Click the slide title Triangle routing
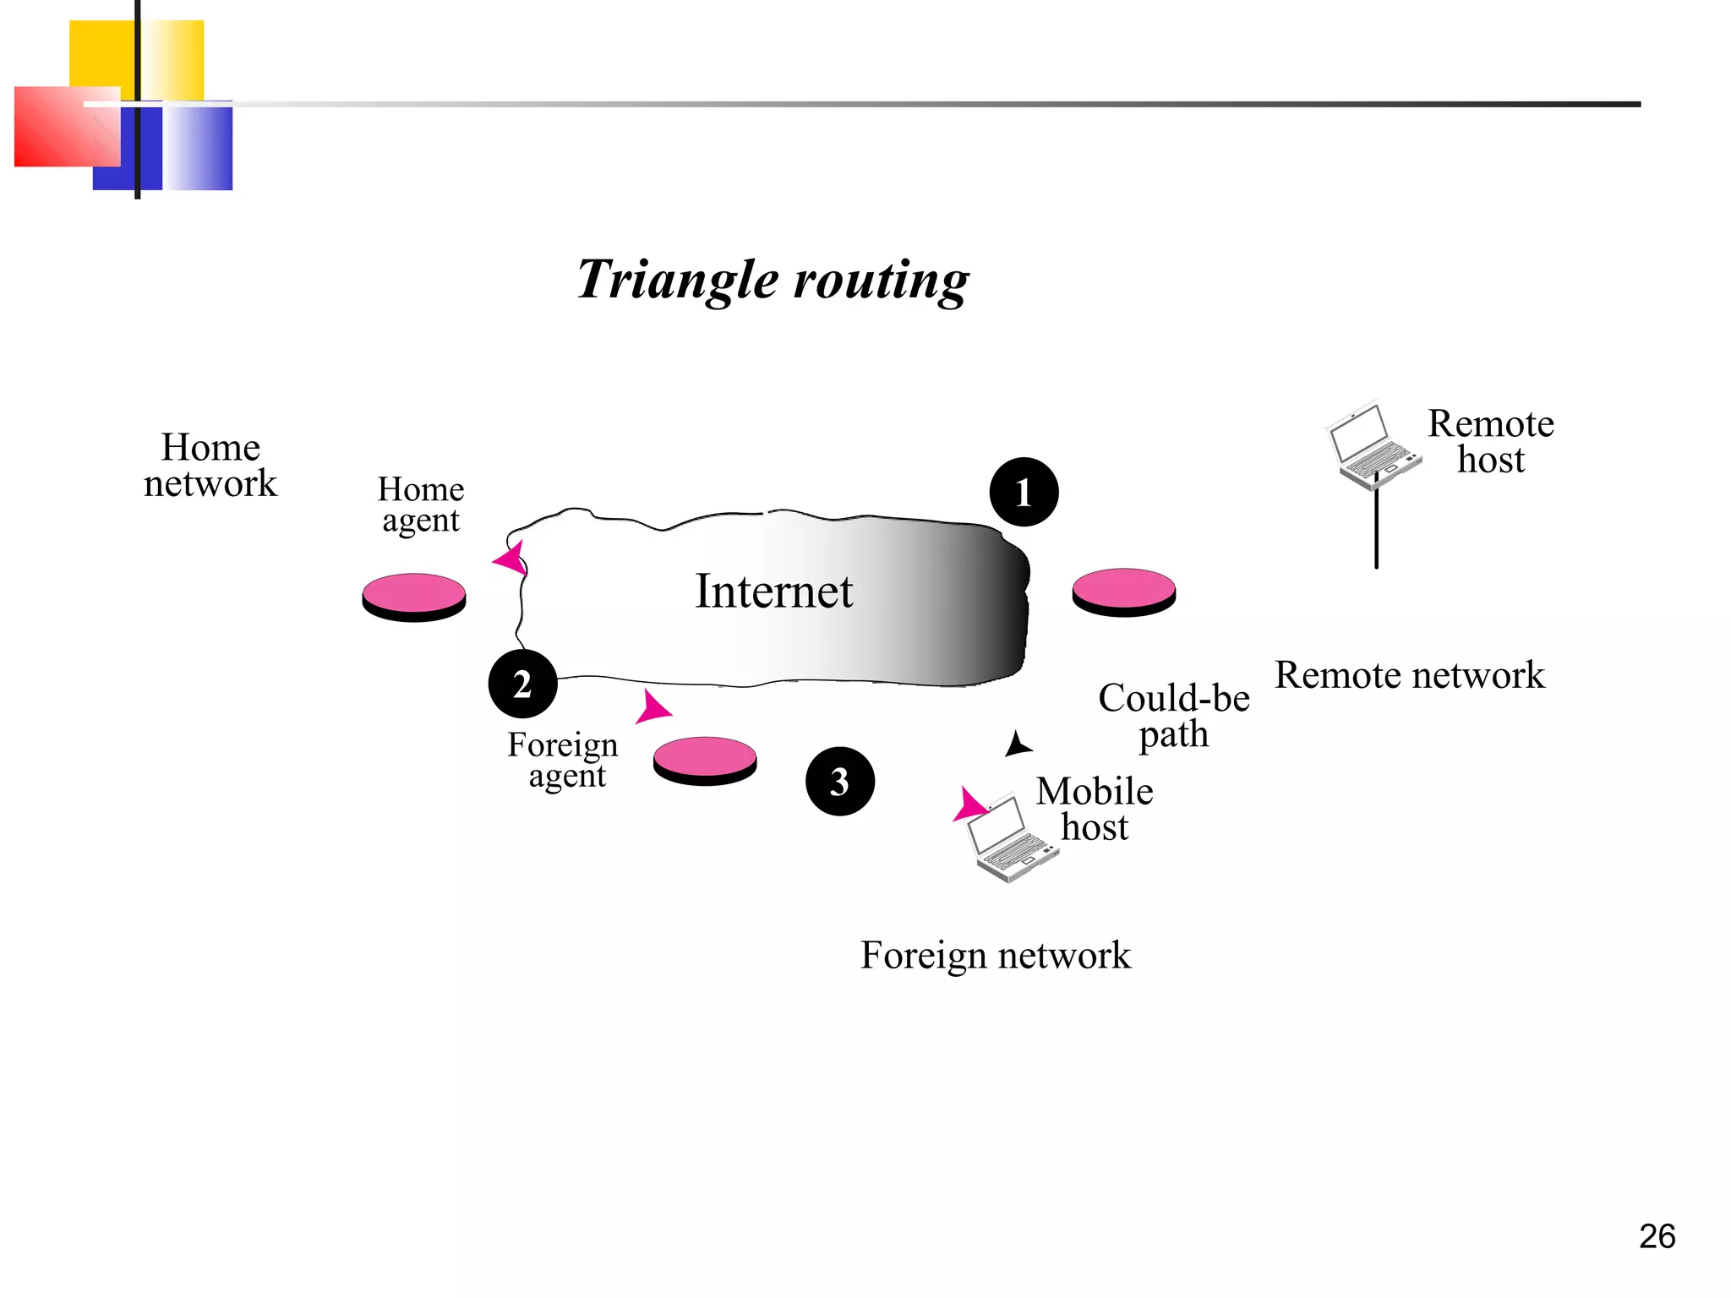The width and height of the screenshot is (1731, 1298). point(773,280)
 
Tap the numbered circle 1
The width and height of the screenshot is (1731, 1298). point(1024,492)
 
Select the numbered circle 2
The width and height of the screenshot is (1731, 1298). point(522,684)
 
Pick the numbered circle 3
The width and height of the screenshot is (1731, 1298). point(839,781)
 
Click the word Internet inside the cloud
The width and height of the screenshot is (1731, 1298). point(773,591)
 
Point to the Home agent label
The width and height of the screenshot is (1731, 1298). point(421,504)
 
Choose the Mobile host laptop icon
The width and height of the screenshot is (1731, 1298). point(1010,838)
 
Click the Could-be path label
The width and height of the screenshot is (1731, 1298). point(1173,716)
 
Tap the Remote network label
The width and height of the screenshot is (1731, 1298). point(1409,675)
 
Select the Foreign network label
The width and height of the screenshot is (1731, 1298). point(995,956)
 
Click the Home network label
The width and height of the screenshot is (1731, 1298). point(210,465)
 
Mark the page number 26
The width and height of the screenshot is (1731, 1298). point(1657,1236)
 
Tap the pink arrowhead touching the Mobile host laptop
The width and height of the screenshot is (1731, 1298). point(969,804)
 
